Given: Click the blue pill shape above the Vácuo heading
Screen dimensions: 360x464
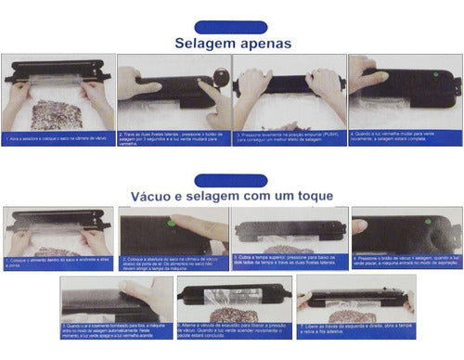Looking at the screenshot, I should pyautogui.click(x=231, y=179).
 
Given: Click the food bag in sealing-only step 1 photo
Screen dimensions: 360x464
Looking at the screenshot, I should pyautogui.click(x=57, y=113).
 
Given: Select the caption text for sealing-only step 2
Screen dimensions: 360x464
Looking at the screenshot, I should pyautogui.click(x=173, y=139).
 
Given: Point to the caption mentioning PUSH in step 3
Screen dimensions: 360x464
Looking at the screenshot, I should pyautogui.click(x=289, y=139).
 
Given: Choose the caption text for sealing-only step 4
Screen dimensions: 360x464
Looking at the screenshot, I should pyautogui.click(x=405, y=137).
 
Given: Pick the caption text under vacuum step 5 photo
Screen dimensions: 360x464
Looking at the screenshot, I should pyautogui.click(x=116, y=331).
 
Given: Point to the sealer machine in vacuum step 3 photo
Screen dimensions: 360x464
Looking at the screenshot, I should pyautogui.click(x=289, y=231).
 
